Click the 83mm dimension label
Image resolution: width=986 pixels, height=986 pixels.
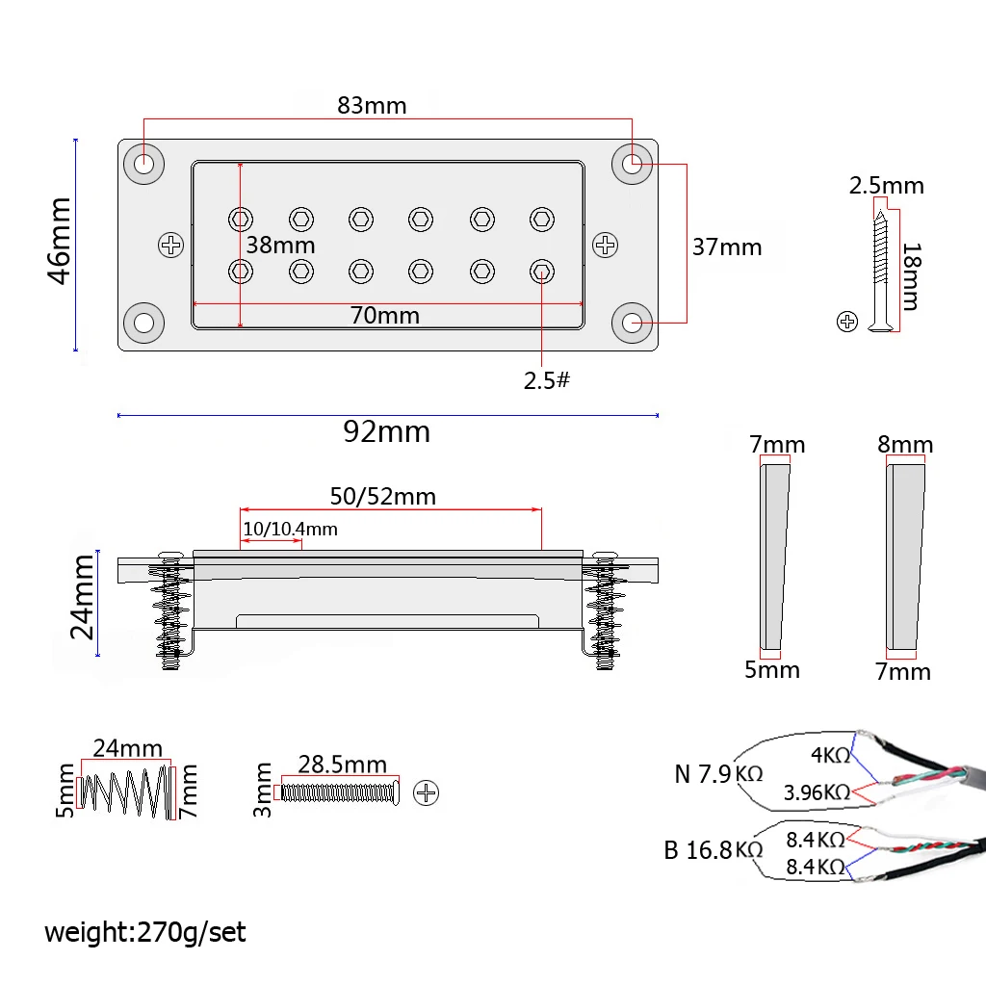coord(372,106)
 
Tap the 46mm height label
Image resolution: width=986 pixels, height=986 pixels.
coord(61,240)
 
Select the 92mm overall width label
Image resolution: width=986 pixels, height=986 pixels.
coord(386,432)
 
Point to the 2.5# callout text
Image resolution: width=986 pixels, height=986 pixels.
coord(547,380)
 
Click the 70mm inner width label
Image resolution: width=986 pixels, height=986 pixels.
coord(384,315)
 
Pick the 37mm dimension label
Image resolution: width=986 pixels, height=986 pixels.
coord(727,247)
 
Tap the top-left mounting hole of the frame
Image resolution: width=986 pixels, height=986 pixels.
coord(143,164)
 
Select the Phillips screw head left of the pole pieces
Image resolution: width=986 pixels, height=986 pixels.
coord(171,246)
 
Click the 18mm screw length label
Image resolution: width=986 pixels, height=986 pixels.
coord(909,276)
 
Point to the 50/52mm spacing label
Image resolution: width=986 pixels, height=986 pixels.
coord(382,497)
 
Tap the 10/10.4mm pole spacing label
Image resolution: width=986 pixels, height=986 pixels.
coord(290,530)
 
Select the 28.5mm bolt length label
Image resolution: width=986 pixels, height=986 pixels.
coord(342,765)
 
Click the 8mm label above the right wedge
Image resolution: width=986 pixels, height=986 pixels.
coord(905,445)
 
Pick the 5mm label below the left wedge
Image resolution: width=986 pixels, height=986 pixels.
coord(771,670)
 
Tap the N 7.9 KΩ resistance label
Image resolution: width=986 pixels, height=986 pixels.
coord(717,773)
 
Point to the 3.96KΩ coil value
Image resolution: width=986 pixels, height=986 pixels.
coord(817,792)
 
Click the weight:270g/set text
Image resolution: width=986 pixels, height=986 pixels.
coord(145,932)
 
